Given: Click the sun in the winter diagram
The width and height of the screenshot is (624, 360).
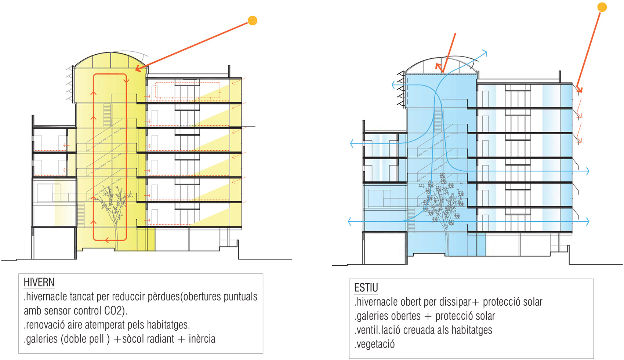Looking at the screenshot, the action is click(x=253, y=21).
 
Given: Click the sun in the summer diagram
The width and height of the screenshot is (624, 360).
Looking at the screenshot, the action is click(x=602, y=7).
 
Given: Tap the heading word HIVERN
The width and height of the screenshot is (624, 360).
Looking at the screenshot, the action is click(x=39, y=282).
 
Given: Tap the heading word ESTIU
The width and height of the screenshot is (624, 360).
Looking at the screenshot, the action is click(x=366, y=288).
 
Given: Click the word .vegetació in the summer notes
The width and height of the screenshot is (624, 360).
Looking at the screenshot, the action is click(x=375, y=345).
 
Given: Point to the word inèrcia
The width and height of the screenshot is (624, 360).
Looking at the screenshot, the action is click(x=202, y=339).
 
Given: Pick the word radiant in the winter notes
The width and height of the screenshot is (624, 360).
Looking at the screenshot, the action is click(x=160, y=339).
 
